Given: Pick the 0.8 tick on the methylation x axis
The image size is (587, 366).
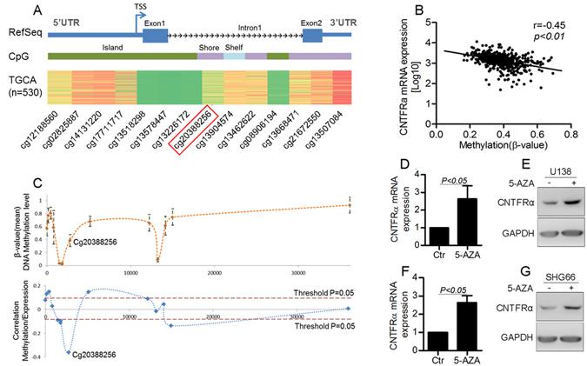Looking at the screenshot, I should (x=571, y=135).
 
